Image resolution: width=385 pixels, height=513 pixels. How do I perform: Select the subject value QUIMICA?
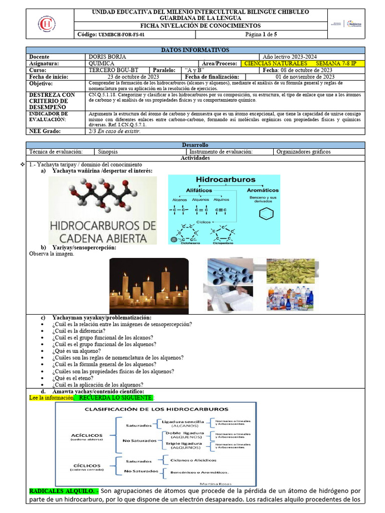click(101, 64)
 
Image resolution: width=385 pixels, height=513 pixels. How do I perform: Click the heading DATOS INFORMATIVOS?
click(195, 50)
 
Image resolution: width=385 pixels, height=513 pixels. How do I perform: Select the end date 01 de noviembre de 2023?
click(305, 77)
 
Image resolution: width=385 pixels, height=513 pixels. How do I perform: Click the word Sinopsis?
click(108, 151)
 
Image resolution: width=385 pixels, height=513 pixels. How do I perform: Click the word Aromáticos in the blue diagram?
click(263, 190)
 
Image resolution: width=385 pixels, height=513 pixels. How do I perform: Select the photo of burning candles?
click(149, 286)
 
